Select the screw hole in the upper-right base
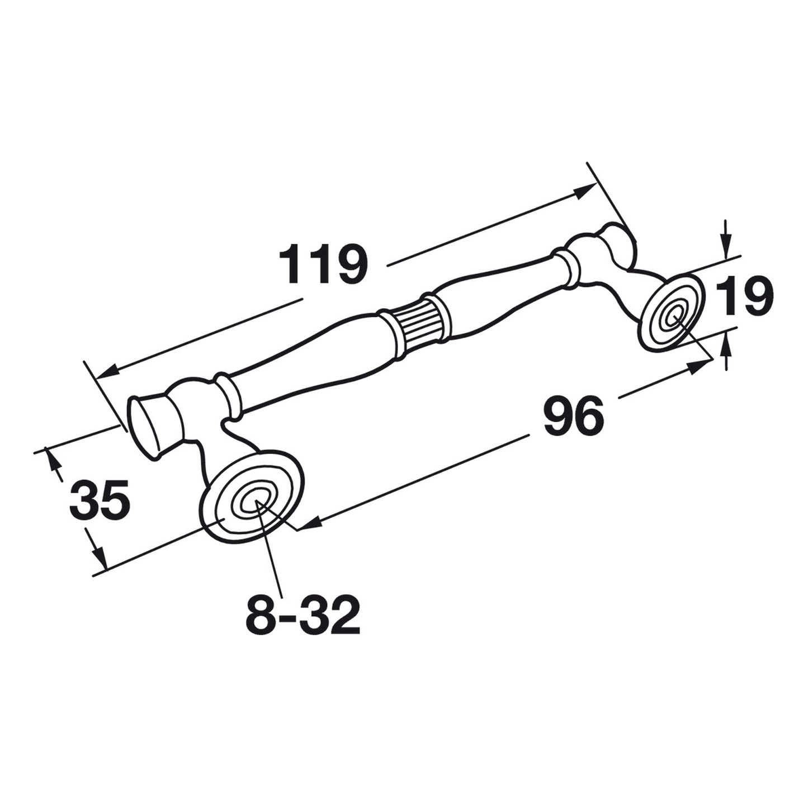674,317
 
